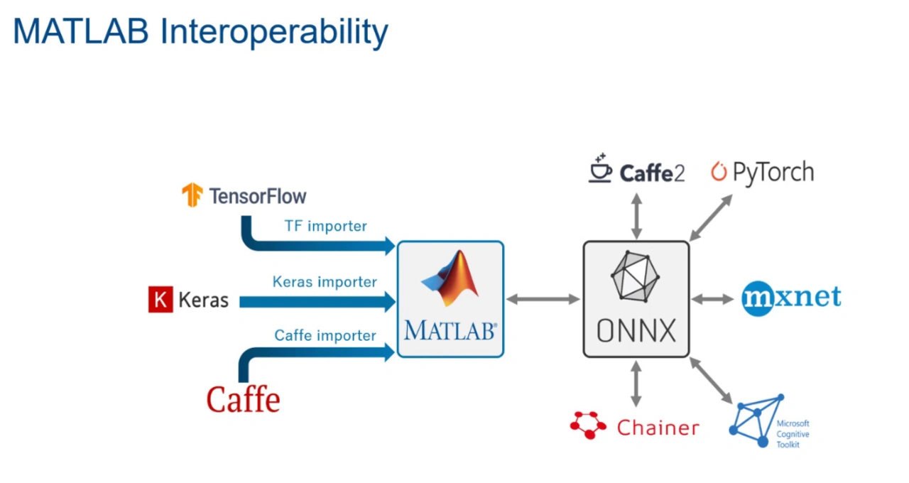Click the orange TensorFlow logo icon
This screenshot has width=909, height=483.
pyautogui.click(x=192, y=195)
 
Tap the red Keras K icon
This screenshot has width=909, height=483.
pyautogui.click(x=160, y=300)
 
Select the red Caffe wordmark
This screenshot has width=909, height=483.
pyautogui.click(x=243, y=399)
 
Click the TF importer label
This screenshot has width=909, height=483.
pyautogui.click(x=325, y=226)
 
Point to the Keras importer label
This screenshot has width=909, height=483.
pyautogui.click(x=325, y=282)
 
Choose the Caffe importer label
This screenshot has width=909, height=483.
pyautogui.click(x=325, y=336)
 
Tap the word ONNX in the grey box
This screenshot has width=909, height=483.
pyautogui.click(x=636, y=331)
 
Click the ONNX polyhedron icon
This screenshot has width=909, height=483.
pyautogui.click(x=635, y=276)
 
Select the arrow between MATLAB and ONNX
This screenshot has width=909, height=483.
pyautogui.click(x=543, y=300)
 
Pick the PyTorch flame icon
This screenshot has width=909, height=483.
pyautogui.click(x=719, y=171)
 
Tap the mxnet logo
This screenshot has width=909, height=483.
pyautogui.click(x=791, y=298)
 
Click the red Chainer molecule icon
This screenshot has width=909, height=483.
pyautogui.click(x=588, y=425)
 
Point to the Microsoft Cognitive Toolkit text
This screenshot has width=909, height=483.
pyautogui.click(x=793, y=434)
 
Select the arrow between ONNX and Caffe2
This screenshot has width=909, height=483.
pyautogui.click(x=636, y=217)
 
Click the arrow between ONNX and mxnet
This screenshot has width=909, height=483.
pyautogui.click(x=712, y=300)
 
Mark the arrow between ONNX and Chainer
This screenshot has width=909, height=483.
pyautogui.click(x=636, y=384)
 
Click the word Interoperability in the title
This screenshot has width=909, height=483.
pyautogui.click(x=274, y=33)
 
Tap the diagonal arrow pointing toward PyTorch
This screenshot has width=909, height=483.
pyautogui.click(x=711, y=217)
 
